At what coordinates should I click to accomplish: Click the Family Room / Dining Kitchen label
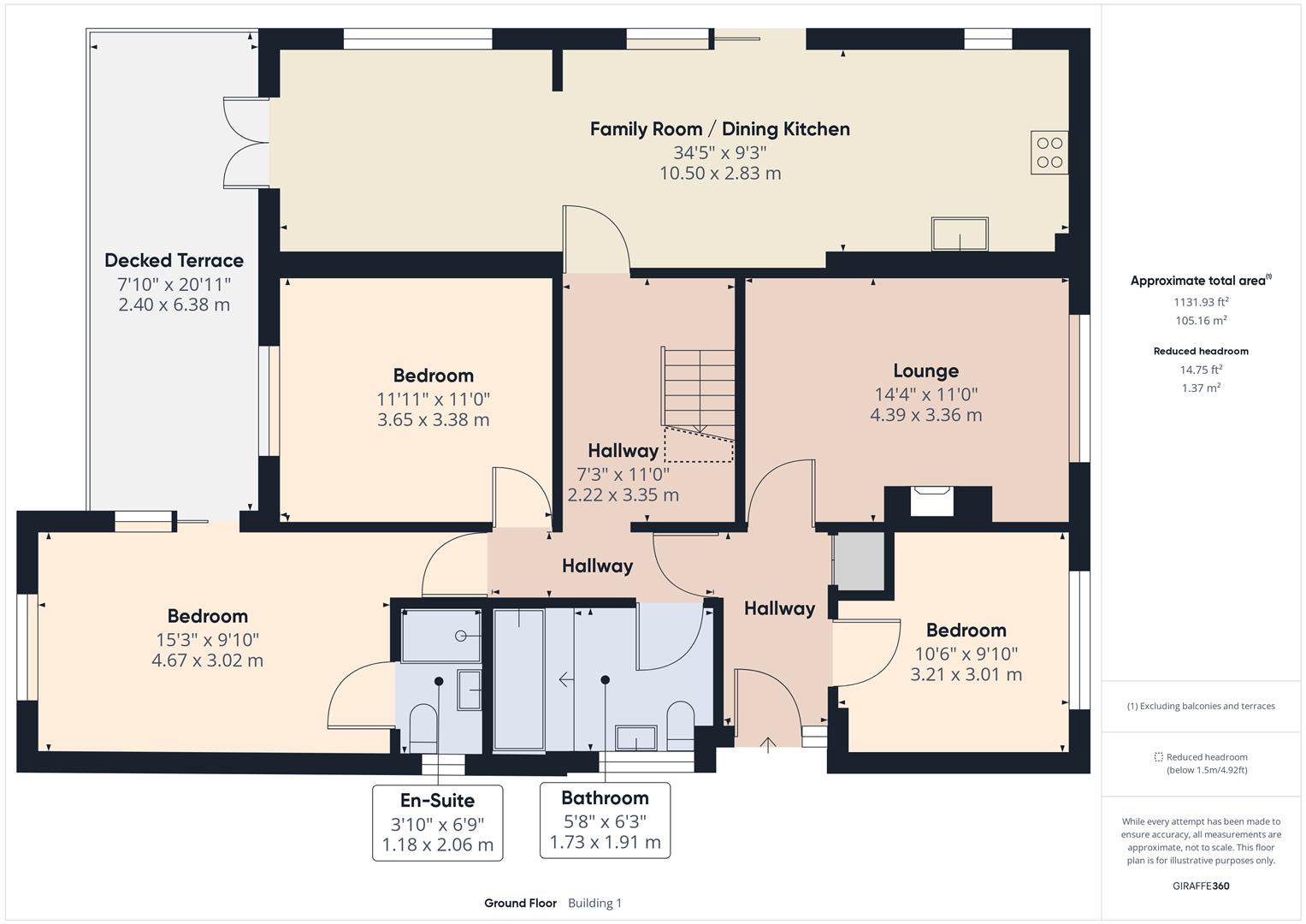(719, 129)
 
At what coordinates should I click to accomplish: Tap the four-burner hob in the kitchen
(1049, 152)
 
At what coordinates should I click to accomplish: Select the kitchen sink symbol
(960, 234)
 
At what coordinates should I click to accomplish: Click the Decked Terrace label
(174, 260)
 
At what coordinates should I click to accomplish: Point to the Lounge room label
(925, 370)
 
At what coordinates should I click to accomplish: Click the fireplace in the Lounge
(931, 500)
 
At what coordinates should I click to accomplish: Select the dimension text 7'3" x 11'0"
(623, 474)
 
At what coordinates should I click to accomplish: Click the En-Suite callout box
(437, 822)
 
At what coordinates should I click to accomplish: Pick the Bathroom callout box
(605, 820)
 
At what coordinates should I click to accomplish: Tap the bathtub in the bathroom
(519, 680)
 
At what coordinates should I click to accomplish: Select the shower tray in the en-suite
(440, 636)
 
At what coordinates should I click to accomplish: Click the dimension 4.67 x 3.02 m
(207, 660)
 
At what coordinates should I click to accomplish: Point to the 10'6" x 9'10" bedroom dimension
(966, 654)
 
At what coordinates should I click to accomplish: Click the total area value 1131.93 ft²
(1201, 302)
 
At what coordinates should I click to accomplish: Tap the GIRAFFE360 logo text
(1201, 885)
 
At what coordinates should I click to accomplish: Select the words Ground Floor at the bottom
(520, 903)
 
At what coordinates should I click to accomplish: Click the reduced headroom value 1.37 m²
(1201, 388)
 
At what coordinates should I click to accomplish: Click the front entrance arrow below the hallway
(768, 744)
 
